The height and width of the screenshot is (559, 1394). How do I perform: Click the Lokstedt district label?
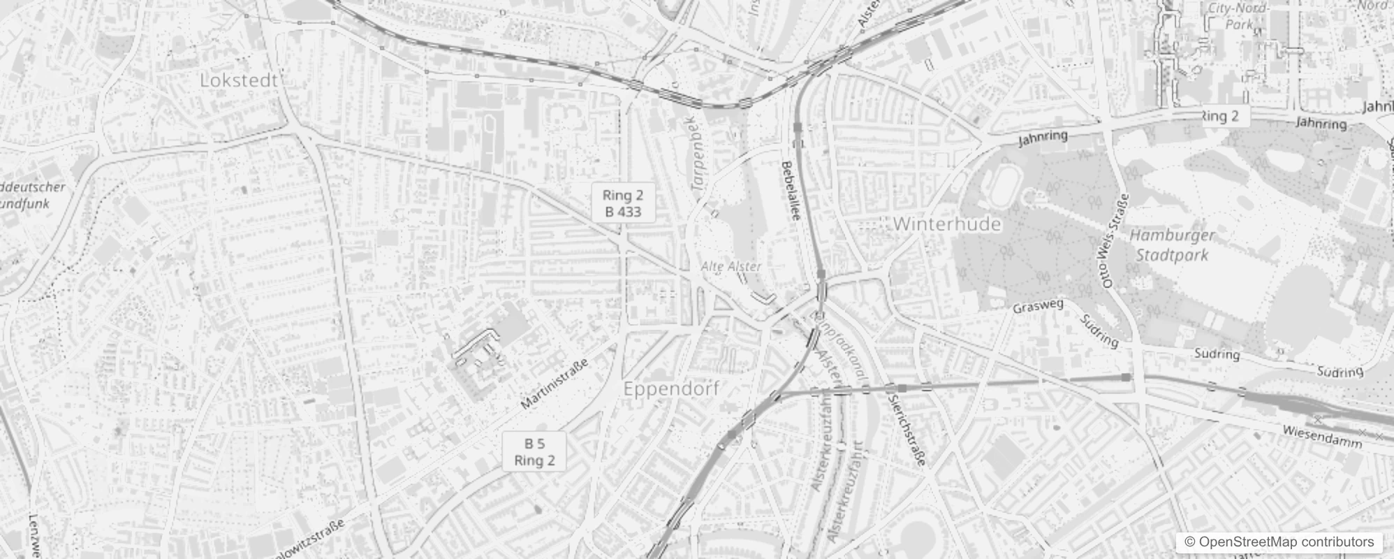[239, 80]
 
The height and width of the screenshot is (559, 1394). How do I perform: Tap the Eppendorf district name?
[670, 389]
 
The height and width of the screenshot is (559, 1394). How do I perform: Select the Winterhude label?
[946, 224]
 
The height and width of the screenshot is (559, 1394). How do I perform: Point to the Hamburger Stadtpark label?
[1172, 245]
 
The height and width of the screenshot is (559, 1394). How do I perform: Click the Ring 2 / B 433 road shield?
[622, 203]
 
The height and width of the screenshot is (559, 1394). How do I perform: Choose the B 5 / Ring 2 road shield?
[534, 451]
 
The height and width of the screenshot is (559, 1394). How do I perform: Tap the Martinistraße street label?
[555, 384]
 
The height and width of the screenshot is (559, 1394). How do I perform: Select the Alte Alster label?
[731, 266]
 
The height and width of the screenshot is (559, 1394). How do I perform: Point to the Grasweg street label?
[1038, 306]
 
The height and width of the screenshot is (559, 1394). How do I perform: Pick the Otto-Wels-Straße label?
[1111, 241]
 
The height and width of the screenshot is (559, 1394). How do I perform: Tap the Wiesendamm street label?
[1322, 436]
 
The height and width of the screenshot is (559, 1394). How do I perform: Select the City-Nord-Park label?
[1240, 16]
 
